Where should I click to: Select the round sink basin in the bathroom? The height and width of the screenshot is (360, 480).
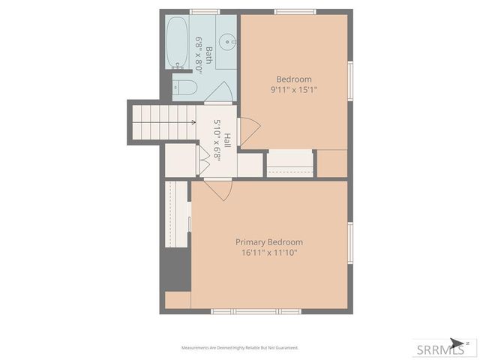(227, 40)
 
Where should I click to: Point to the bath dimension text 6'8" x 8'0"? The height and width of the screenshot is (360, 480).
(199, 53)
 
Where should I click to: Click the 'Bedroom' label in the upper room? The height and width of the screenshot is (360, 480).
(294, 79)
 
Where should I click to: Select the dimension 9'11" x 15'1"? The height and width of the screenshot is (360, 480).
(294, 89)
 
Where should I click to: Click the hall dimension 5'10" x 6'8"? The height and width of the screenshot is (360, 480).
(217, 138)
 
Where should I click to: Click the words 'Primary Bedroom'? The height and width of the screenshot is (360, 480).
(269, 242)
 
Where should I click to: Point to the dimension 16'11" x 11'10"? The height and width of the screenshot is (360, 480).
(269, 253)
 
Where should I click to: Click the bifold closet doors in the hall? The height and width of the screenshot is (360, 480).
(202, 160)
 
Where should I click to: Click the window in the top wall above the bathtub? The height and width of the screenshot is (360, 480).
(200, 12)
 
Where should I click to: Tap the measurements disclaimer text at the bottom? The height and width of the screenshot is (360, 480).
(240, 348)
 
